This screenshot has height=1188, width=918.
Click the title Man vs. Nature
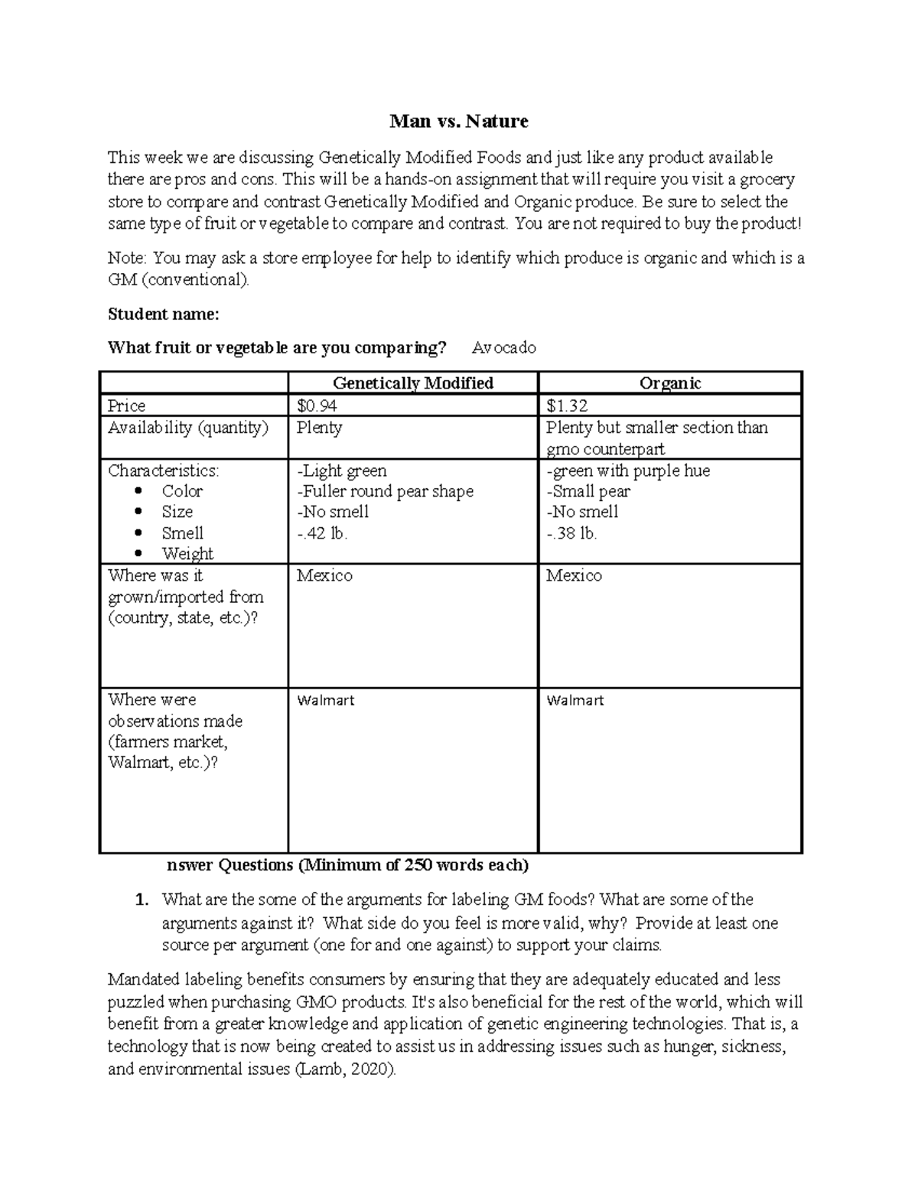click(x=458, y=121)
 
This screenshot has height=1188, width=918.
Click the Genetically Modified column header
click(x=412, y=383)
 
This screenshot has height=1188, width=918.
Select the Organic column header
click(x=670, y=383)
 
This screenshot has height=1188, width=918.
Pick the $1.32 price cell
click(x=567, y=405)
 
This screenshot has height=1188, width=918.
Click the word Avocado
click(x=503, y=348)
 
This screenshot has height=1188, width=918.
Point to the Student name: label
click(x=163, y=314)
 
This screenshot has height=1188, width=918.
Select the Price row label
click(x=126, y=405)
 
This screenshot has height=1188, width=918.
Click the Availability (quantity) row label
click(x=187, y=428)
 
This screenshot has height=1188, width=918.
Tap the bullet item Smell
click(x=182, y=533)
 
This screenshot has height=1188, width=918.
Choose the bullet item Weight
click(x=187, y=554)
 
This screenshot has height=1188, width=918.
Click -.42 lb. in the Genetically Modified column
click(x=322, y=533)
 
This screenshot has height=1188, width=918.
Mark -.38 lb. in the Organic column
click(x=571, y=533)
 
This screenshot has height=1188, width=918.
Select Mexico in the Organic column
click(x=574, y=575)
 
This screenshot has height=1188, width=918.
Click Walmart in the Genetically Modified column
click(x=325, y=700)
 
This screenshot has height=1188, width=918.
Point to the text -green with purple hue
click(x=628, y=470)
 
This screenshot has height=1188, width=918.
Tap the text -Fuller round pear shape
click(x=385, y=491)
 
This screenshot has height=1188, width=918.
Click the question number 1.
click(x=141, y=900)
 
